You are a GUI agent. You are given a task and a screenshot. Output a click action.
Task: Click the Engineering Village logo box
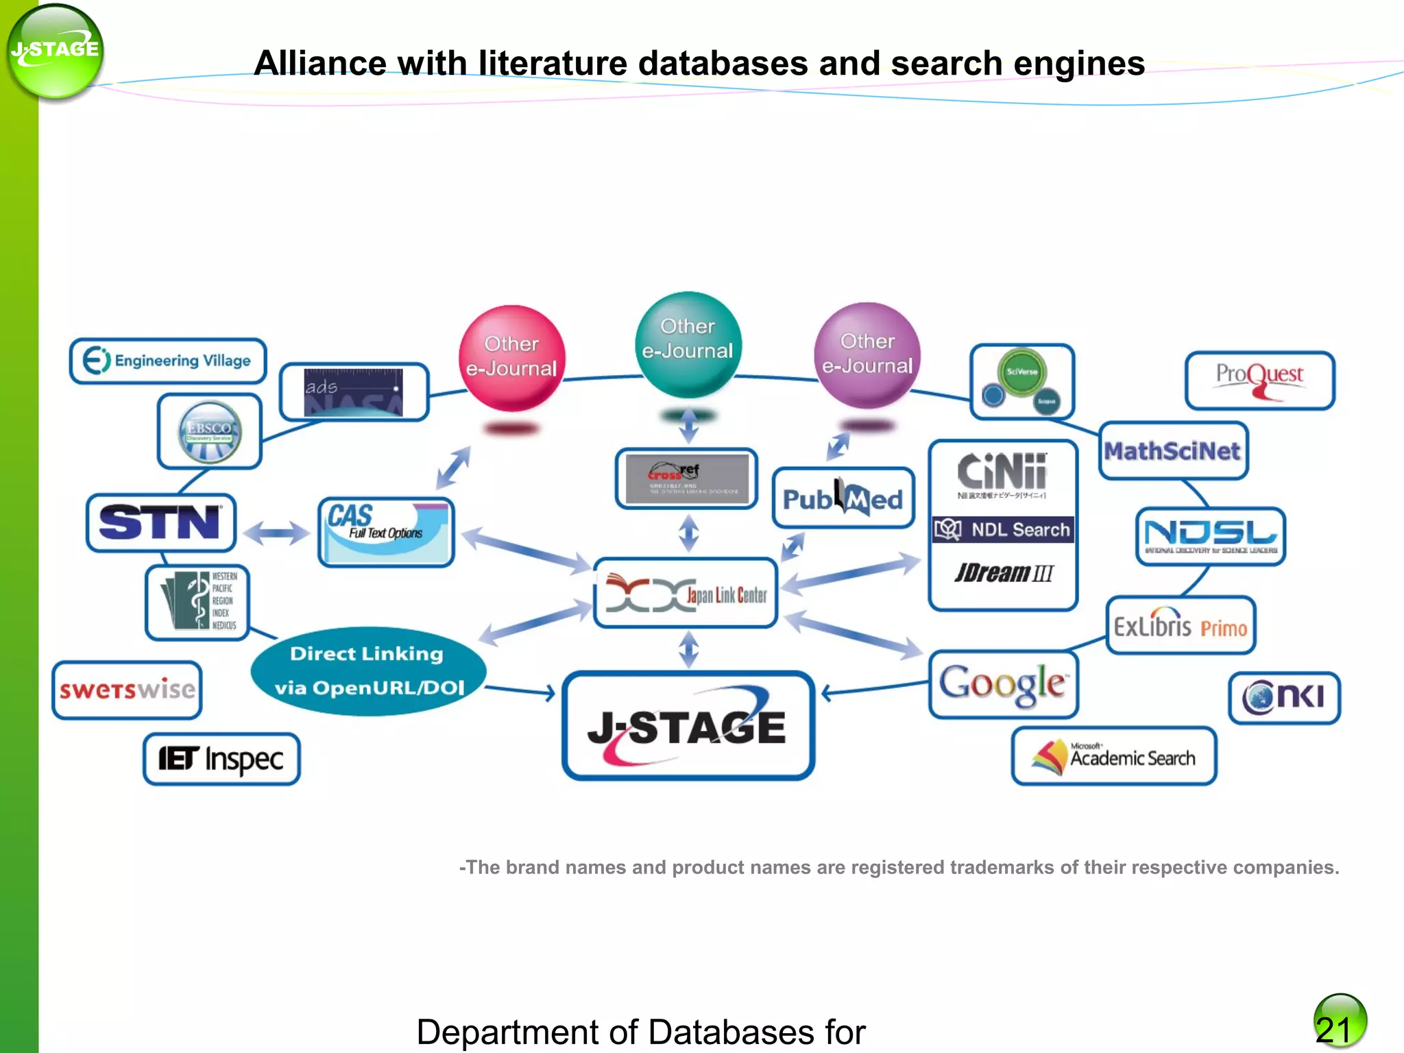coord(167,361)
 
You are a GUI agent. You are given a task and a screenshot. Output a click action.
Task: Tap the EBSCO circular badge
coord(210,431)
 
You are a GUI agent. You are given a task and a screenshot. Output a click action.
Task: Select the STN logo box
coord(160,523)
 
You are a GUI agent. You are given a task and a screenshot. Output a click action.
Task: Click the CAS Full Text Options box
coord(386,532)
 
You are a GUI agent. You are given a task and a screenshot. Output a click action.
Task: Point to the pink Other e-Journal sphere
coord(511,358)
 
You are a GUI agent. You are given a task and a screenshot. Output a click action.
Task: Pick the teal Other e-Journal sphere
coord(688,344)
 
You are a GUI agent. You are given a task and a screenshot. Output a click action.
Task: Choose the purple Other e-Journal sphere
coord(867,355)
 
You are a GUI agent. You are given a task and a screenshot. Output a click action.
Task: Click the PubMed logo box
coord(843,498)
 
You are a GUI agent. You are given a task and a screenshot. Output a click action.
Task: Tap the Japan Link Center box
coord(686,593)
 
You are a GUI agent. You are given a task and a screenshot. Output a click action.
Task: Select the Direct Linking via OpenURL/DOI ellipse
coord(368,671)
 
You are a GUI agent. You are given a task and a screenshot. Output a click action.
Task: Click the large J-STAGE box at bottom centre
coord(688,726)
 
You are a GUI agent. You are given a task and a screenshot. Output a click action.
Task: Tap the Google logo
coord(1003,684)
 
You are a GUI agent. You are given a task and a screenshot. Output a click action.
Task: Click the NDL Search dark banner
coord(1002,529)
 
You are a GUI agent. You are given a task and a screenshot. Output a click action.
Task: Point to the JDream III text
coord(1003,572)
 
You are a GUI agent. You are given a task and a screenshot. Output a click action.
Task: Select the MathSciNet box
coord(1172,450)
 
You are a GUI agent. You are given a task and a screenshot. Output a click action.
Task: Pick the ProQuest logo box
coord(1259,380)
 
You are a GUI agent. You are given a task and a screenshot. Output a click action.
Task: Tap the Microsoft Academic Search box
coord(1114,756)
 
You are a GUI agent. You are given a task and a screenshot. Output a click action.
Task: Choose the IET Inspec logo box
coord(221,759)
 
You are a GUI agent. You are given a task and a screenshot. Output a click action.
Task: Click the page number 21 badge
coord(1339,1021)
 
